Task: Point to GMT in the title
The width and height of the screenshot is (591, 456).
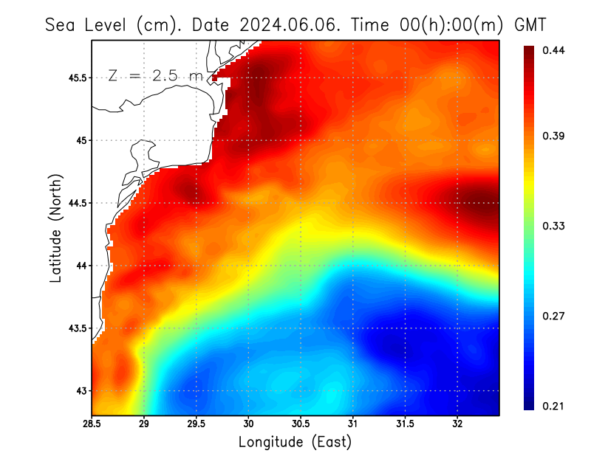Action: click(530, 24)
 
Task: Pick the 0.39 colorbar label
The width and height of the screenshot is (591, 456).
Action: click(553, 136)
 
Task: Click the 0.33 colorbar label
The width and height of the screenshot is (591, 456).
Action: click(553, 226)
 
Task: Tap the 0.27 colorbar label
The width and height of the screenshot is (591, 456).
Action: click(553, 316)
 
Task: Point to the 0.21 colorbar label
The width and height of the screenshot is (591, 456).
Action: click(553, 406)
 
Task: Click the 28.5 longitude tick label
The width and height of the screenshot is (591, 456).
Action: click(92, 424)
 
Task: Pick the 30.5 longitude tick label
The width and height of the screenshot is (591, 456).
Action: click(301, 424)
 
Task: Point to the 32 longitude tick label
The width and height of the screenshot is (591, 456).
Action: click(457, 424)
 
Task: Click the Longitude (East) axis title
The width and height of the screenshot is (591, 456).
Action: click(295, 442)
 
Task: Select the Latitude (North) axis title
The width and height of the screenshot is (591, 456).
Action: click(55, 228)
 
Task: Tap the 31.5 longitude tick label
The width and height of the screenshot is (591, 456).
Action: click(405, 424)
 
